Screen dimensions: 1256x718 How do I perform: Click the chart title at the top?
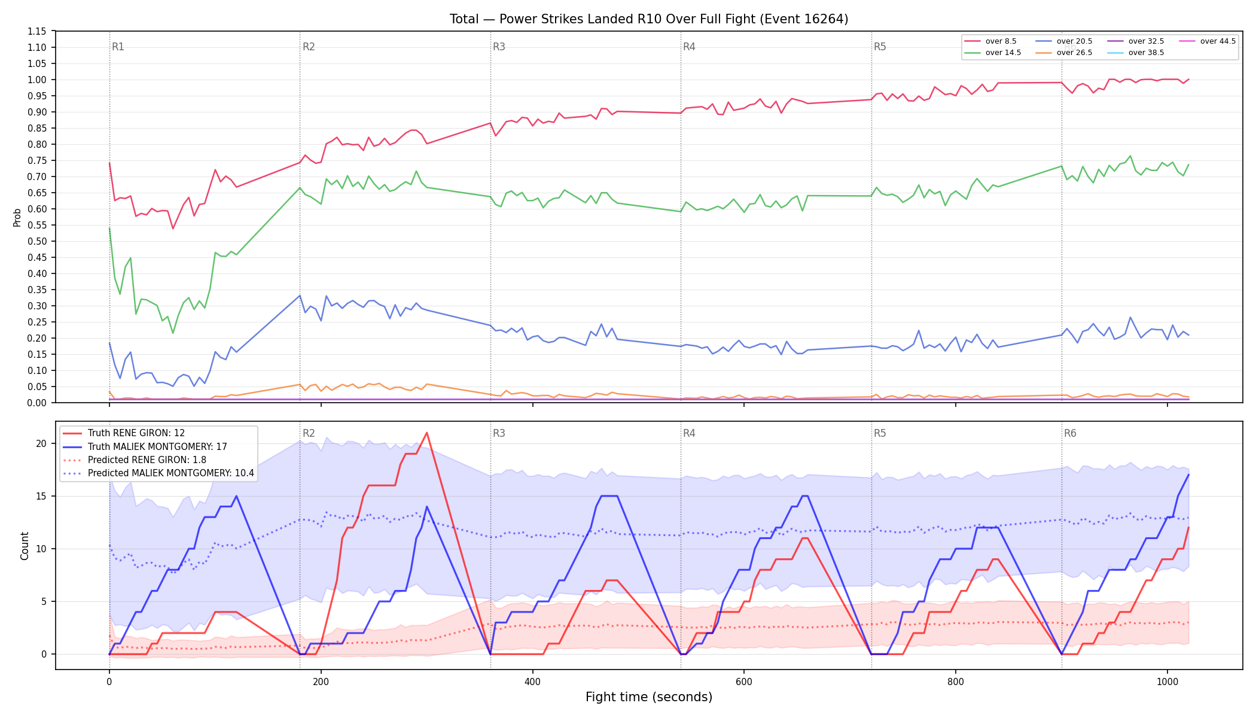pos(649,19)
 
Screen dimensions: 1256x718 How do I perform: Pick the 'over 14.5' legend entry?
pos(993,53)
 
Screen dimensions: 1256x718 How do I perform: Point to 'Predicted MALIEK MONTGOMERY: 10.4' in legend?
pos(158,473)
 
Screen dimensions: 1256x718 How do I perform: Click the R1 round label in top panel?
pos(118,47)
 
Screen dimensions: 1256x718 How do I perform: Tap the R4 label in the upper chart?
pos(689,47)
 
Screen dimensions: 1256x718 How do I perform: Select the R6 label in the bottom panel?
pos(1070,433)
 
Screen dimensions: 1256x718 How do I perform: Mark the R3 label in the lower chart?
pos(499,433)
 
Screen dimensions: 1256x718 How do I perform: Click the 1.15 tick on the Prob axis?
pos(36,31)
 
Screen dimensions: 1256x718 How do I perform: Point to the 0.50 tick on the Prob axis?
pos(36,241)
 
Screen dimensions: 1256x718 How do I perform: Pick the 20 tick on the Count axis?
pos(41,443)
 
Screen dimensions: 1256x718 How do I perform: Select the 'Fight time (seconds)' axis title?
pos(649,697)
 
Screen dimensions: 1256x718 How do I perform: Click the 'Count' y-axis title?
pos(25,546)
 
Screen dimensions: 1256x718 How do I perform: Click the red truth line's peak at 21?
pos(426,433)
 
